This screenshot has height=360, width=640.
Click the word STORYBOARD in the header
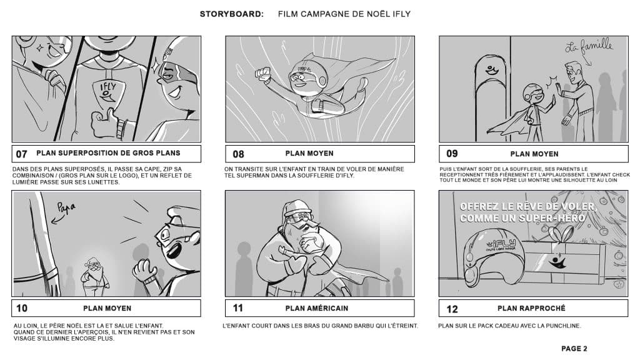[x=231, y=14]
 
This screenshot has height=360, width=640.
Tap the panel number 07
[x=22, y=154]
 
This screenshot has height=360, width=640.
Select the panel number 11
[x=238, y=307]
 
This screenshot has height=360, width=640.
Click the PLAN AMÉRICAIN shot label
[x=317, y=308]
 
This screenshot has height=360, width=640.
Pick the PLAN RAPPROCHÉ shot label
[x=531, y=308]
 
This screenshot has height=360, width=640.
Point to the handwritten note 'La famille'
[x=589, y=45]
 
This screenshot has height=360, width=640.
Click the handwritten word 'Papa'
[x=66, y=207]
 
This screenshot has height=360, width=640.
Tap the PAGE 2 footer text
[x=574, y=349]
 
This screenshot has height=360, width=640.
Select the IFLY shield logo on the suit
[x=107, y=93]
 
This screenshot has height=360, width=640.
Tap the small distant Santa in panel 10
[x=95, y=276]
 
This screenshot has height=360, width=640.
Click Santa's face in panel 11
[x=301, y=222]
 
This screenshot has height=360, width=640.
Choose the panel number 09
[x=452, y=154]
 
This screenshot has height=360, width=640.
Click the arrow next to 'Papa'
[x=57, y=219]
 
